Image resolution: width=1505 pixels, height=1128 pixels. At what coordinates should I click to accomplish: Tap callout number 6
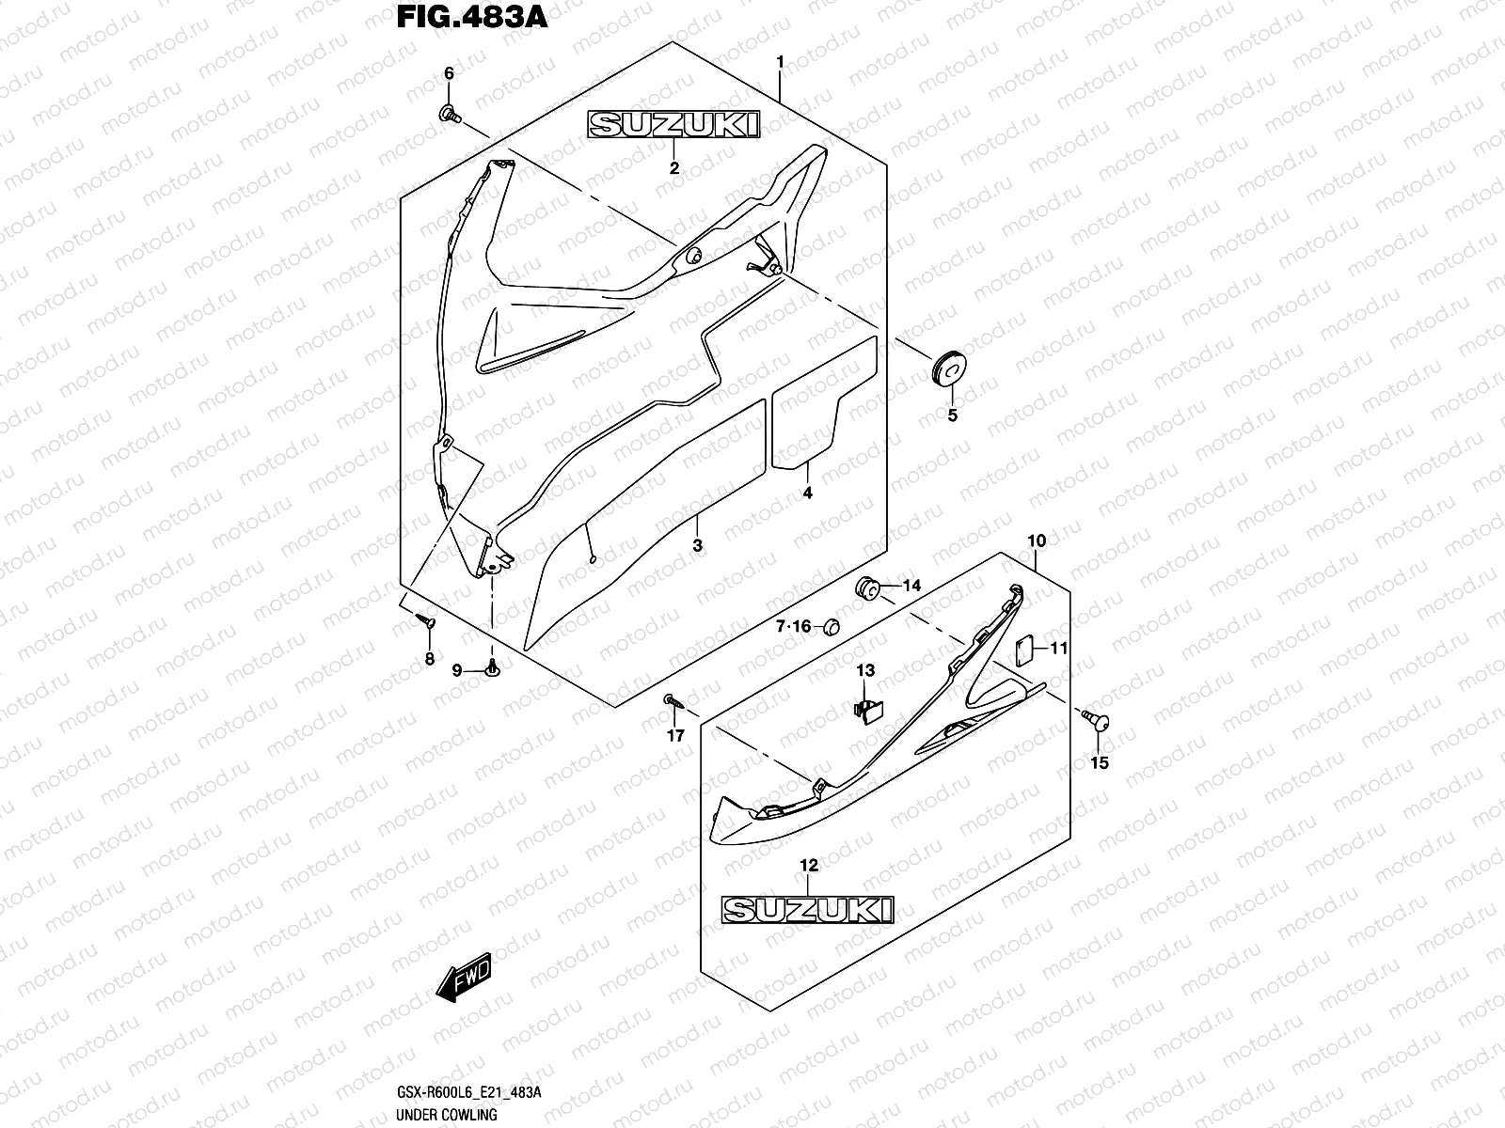(x=449, y=73)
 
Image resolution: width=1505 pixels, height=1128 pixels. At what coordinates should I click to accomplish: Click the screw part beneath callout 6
(x=449, y=115)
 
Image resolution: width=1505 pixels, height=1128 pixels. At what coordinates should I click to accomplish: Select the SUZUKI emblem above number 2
(x=673, y=125)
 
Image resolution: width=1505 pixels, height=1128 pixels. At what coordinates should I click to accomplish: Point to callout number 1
(x=780, y=61)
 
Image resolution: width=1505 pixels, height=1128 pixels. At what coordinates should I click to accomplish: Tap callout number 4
(x=807, y=493)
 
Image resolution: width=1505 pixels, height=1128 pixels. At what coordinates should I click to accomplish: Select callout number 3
(x=697, y=545)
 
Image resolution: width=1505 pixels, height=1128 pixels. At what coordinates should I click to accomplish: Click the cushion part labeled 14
(x=866, y=589)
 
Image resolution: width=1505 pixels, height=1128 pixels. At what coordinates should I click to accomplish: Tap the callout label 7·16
(x=793, y=627)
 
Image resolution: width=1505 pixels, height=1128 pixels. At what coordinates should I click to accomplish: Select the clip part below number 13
(x=866, y=711)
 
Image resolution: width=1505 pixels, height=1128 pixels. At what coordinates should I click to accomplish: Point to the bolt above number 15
(x=1097, y=720)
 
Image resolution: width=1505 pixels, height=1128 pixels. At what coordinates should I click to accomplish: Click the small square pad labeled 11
(x=1025, y=648)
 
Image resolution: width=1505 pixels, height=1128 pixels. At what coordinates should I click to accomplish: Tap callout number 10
(x=1037, y=541)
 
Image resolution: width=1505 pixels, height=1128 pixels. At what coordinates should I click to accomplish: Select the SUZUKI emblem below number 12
(x=808, y=910)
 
